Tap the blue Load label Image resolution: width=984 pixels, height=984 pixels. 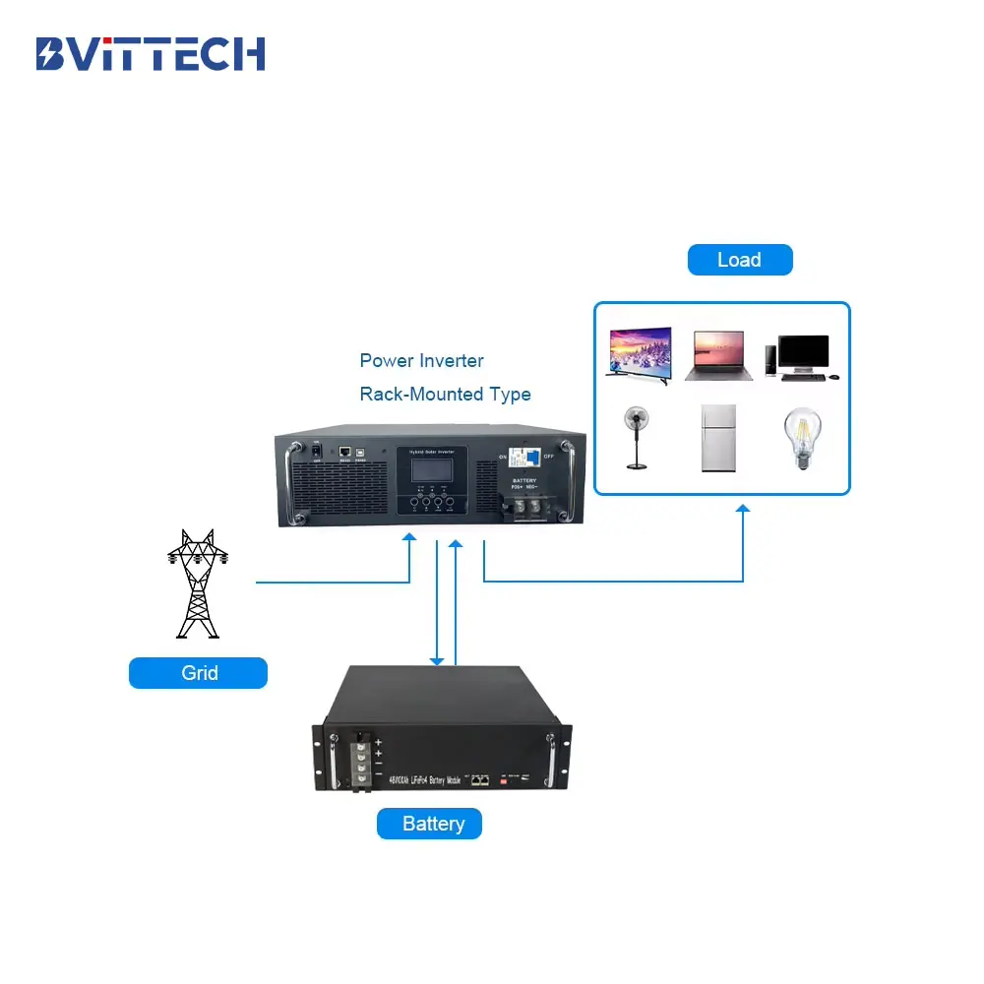[739, 260]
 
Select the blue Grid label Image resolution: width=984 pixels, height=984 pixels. [199, 673]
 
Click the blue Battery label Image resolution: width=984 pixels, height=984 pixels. [430, 824]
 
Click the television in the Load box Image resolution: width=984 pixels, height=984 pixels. [639, 352]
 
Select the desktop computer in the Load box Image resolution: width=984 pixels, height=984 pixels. [803, 356]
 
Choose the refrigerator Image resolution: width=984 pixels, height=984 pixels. [719, 438]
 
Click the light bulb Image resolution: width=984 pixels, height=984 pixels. [801, 439]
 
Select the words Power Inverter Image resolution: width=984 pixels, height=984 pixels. [421, 361]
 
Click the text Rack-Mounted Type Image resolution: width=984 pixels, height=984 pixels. [445, 395]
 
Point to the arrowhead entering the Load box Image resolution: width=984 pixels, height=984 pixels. [743, 509]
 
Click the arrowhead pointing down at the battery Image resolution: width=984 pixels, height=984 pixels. [437, 659]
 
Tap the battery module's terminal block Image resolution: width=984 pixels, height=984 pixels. [362, 758]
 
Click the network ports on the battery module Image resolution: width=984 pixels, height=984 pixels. [478, 779]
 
